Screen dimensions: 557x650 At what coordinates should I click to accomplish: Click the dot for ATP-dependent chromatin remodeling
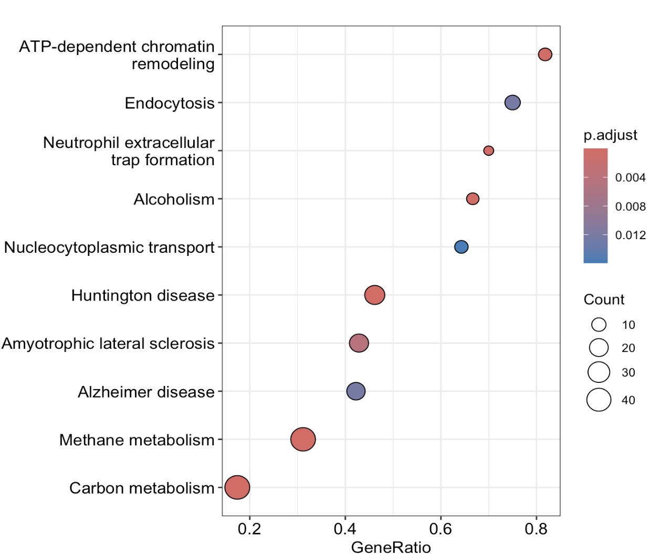pos(545,55)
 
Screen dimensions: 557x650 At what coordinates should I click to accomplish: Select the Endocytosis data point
pos(512,103)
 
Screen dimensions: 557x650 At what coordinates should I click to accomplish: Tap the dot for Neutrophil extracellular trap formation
pos(488,151)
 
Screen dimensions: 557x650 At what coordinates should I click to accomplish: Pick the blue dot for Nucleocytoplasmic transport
pos(461,247)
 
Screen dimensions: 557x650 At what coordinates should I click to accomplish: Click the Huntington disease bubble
pos(374,295)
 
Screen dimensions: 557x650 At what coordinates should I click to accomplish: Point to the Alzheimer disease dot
pos(356,391)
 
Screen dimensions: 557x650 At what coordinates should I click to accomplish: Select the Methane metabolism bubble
pos(303,440)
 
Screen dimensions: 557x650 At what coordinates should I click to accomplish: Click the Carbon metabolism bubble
pos(237,487)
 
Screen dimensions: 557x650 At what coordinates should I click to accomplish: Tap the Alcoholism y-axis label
pos(174,199)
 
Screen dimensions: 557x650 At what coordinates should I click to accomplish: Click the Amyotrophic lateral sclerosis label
pos(108,344)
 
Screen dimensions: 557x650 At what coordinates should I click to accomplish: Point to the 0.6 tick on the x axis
pos(441,529)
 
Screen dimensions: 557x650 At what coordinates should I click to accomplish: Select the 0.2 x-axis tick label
pos(249,529)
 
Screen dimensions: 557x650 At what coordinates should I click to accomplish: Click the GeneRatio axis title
pos(391,548)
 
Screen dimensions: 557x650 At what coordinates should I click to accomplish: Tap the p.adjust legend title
pos(610,135)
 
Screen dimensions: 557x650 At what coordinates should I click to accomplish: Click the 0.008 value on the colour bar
pos(630,207)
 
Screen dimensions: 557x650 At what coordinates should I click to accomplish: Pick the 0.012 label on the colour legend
pos(630,235)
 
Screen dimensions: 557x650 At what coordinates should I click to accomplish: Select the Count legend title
pos(604,299)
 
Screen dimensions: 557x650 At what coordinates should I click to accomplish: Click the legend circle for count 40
pos(599,400)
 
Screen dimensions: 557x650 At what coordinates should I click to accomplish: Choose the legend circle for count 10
pos(599,325)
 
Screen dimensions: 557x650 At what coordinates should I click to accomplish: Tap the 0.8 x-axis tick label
pos(536,529)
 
